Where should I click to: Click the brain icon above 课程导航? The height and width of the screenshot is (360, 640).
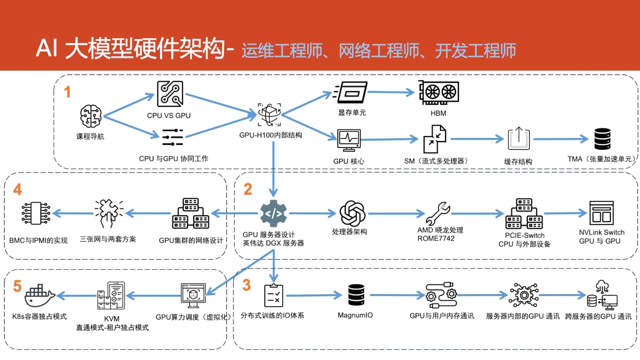point(91,116)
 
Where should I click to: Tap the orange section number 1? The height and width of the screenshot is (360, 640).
point(67,92)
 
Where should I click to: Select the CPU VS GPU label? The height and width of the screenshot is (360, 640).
point(169,116)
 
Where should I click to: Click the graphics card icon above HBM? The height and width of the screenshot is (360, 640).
point(439,92)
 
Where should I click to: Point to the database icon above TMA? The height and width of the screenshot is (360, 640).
point(602,139)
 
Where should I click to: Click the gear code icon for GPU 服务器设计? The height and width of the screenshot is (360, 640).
point(273,213)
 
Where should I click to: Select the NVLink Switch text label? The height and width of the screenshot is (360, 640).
point(601,232)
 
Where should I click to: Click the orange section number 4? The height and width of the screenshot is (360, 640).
point(17,189)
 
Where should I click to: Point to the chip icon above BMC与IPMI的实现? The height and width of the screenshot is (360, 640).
point(36,213)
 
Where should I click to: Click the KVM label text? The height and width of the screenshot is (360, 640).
point(112,319)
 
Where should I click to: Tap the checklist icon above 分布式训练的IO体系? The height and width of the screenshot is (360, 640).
point(273,295)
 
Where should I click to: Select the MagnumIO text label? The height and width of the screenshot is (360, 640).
point(355,315)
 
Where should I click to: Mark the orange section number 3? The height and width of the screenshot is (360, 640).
point(246,285)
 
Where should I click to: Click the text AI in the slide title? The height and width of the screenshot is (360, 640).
point(47,49)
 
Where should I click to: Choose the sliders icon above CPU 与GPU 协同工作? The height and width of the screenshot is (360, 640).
point(172,137)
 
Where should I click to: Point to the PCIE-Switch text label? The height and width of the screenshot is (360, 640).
point(524,235)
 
